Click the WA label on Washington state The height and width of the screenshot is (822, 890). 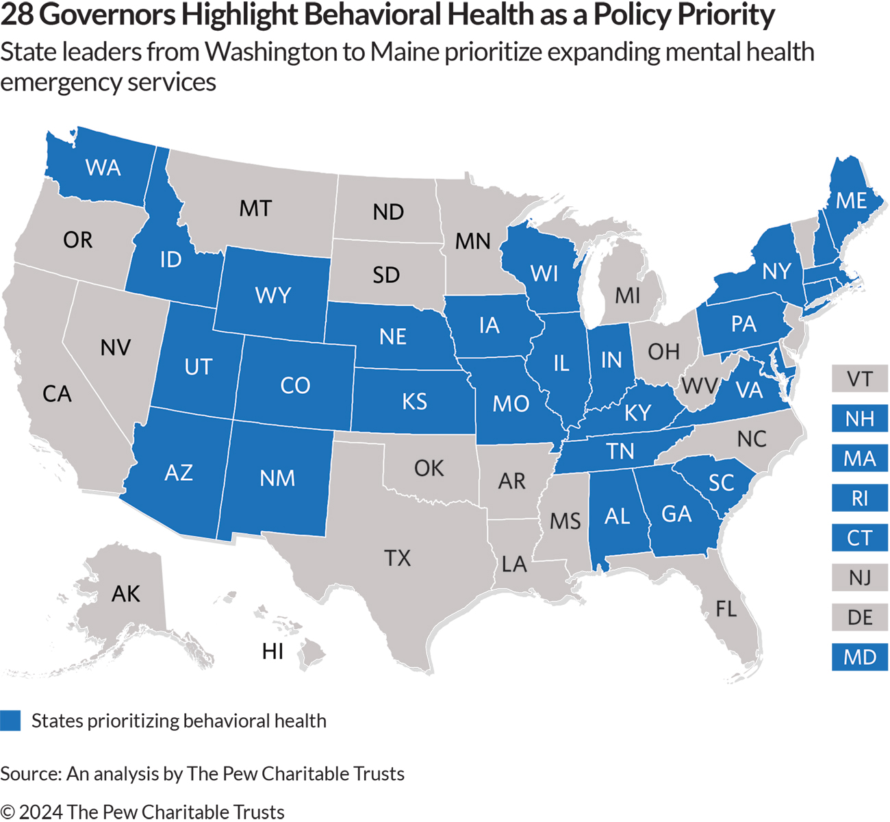point(103,168)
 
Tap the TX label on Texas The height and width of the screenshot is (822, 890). point(397,558)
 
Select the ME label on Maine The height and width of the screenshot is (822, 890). point(851,201)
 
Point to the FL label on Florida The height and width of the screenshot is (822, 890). point(726,608)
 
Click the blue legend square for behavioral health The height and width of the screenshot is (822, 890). point(10,721)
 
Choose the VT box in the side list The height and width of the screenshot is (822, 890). point(859,379)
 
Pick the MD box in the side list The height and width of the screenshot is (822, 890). point(859,658)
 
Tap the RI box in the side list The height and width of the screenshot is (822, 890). point(859,498)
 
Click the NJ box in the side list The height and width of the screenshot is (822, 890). point(859,578)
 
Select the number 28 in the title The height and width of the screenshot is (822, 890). point(17,15)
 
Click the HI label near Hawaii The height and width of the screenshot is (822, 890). point(272,651)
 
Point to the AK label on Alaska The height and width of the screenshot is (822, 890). point(125,594)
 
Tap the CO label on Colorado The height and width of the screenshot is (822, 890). point(295,386)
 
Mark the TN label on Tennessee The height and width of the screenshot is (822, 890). point(620,451)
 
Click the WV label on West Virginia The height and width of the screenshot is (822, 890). point(698,386)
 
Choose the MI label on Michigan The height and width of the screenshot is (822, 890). point(627,296)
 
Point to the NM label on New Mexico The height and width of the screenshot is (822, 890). point(277,478)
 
